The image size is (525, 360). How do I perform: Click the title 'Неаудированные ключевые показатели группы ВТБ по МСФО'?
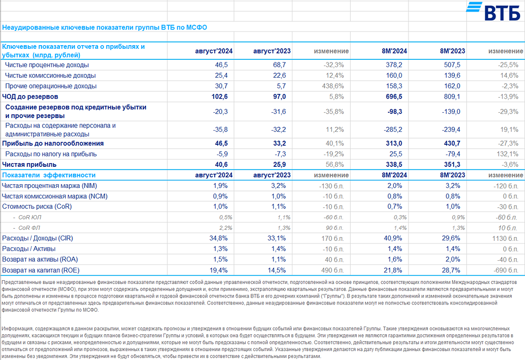point(108,27)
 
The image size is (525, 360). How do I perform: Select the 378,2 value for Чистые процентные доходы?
point(398,65)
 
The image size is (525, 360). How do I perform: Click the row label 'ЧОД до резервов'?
point(30,97)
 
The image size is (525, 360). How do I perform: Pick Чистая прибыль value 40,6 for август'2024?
point(221,165)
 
